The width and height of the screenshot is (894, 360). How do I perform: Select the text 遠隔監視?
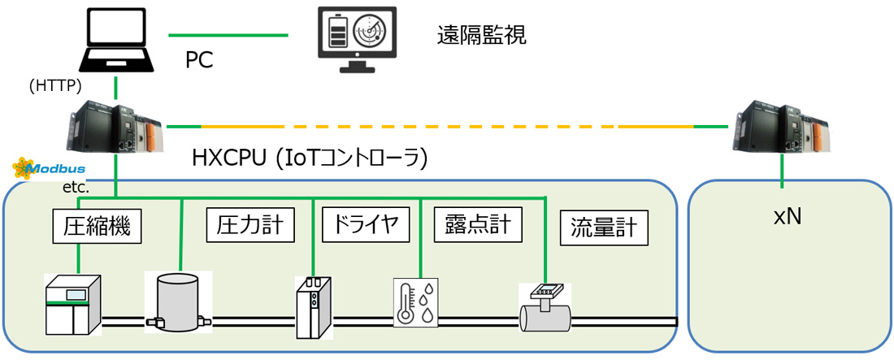(x=481, y=37)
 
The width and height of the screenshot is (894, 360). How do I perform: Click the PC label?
(x=199, y=59)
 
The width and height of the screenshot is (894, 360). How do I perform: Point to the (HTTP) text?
(x=55, y=85)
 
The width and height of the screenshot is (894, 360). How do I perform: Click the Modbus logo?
(x=50, y=169)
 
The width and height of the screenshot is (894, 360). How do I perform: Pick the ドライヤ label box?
(x=367, y=225)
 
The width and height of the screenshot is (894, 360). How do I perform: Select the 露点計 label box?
(x=479, y=225)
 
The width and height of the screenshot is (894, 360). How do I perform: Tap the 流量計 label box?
(x=605, y=229)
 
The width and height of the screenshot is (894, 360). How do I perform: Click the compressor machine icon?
(x=72, y=305)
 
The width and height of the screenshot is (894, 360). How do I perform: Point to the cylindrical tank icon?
(x=178, y=301)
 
